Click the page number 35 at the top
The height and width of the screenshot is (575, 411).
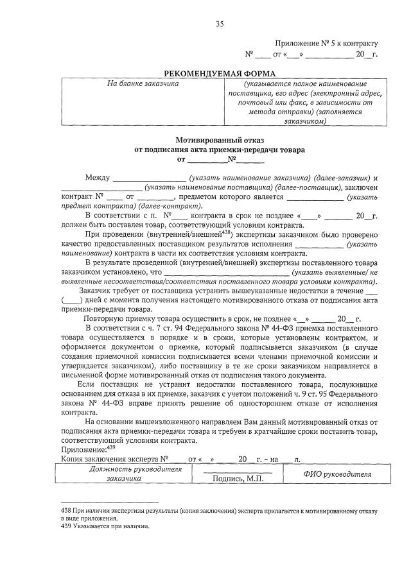[220, 24]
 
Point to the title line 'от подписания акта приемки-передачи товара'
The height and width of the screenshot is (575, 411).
[220, 150]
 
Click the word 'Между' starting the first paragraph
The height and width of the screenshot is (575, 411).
[97, 178]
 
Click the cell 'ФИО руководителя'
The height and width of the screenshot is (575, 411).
[337, 474]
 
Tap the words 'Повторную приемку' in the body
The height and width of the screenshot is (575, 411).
[116, 318]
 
